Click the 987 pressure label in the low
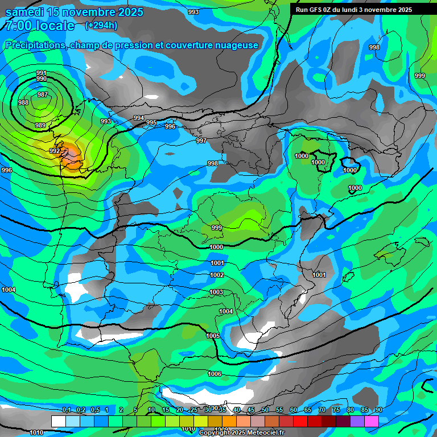43,94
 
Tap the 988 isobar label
23,102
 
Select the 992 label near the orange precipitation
55,151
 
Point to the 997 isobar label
201,141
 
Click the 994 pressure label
139,118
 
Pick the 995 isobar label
151,122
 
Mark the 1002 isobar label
217,275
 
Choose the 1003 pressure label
216,292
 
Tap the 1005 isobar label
213,336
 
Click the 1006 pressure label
215,374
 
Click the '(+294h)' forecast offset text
101,25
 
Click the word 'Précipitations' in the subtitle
35,45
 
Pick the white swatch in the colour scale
59,421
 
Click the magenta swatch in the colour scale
372,421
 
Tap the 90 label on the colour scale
378,410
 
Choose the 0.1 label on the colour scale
66,410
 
